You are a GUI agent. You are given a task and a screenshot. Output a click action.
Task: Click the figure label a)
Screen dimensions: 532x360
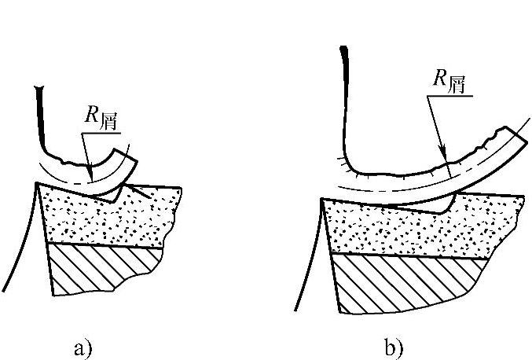[x=83, y=347]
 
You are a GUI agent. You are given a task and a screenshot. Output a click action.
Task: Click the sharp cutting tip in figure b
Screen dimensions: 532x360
[x=323, y=200]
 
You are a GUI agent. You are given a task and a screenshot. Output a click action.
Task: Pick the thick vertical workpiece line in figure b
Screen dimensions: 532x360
[x=344, y=86]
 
